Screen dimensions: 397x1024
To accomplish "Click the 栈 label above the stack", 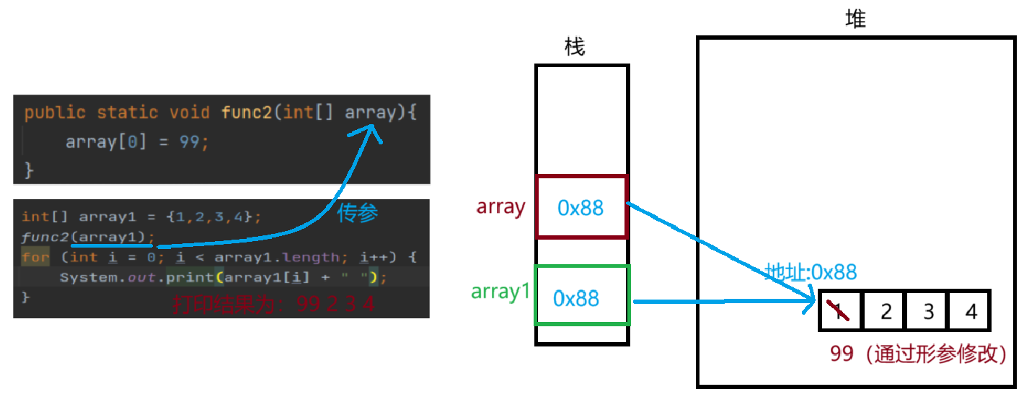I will click(x=575, y=48).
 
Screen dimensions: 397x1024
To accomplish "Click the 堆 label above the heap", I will click(x=855, y=19).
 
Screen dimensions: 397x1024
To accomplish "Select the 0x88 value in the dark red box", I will click(x=581, y=208).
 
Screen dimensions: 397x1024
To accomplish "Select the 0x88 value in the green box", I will click(x=576, y=298).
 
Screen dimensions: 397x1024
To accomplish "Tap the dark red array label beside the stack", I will click(x=500, y=207).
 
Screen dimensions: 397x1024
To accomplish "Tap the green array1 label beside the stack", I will click(x=501, y=292).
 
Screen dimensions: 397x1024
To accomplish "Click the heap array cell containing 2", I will click(x=886, y=311).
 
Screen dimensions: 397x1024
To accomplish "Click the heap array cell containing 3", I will click(x=929, y=311).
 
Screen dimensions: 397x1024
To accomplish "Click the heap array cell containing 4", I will click(x=971, y=311).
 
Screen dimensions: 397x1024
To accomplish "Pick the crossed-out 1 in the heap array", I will click(x=839, y=311).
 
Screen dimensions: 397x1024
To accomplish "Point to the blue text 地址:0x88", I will click(x=811, y=272).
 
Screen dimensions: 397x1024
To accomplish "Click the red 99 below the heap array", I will click(x=842, y=354).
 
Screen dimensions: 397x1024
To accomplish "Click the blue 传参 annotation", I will click(x=358, y=213).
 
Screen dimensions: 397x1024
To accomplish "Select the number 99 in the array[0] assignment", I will click(x=189, y=142).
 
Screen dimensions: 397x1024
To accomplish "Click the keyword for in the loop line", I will click(x=35, y=258).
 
